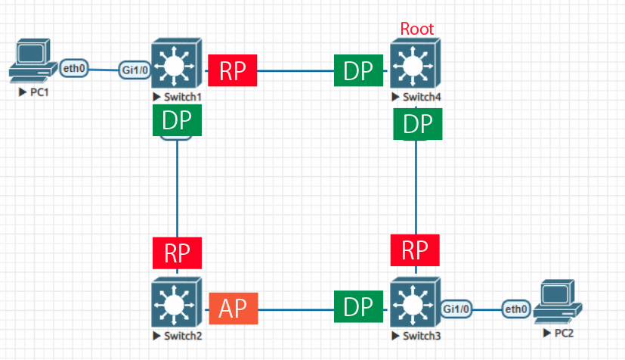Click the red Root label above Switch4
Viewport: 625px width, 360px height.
417,29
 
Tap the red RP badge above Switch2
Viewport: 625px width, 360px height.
178,252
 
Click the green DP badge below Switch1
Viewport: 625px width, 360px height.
178,121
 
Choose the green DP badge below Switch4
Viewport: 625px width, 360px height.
416,124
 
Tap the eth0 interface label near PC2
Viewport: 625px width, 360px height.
517,309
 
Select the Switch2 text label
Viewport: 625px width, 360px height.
181,335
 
